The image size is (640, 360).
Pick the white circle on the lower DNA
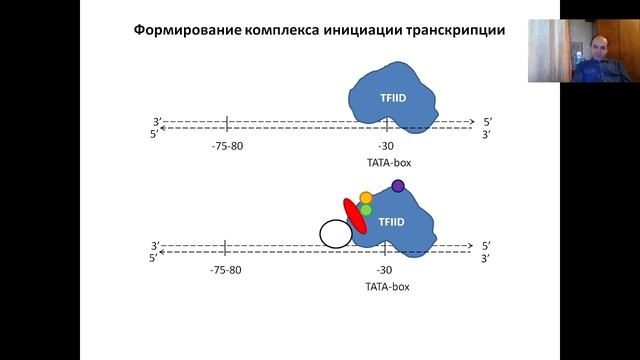335,234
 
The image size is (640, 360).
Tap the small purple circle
398,185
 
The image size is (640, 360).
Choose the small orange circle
366,198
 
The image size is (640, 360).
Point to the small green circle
366,210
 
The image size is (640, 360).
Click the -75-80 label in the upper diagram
228,146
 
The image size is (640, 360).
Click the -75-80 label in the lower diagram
228,270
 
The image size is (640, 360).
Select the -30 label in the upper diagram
385,146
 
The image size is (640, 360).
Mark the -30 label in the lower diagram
385,270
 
